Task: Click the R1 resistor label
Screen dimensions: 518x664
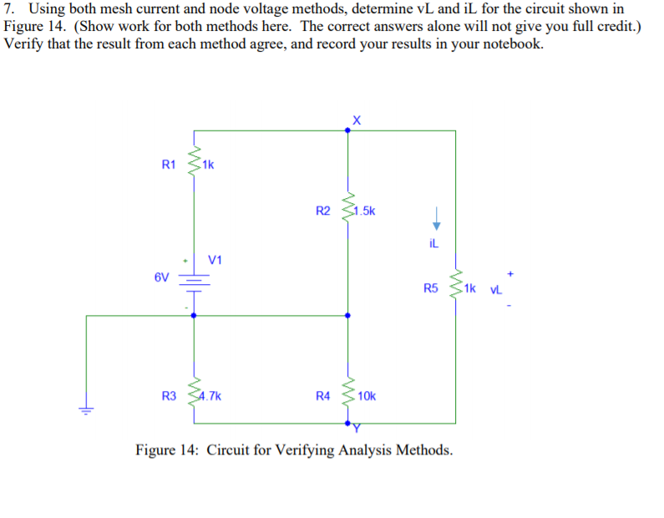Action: [168, 165]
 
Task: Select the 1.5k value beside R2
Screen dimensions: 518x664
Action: [364, 211]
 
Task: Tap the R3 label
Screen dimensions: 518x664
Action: [170, 395]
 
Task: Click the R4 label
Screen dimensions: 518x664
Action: [323, 395]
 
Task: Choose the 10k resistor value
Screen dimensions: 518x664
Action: [366, 395]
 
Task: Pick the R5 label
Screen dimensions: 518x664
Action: [430, 289]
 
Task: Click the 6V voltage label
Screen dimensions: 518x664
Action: [161, 277]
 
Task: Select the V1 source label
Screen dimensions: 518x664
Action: [215, 260]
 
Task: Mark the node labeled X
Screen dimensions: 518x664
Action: [348, 130]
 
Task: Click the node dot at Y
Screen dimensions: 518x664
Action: [348, 423]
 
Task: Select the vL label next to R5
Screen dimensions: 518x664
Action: [494, 289]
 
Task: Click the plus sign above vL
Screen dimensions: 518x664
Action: [508, 272]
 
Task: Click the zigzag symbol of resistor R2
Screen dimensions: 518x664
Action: [348, 211]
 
